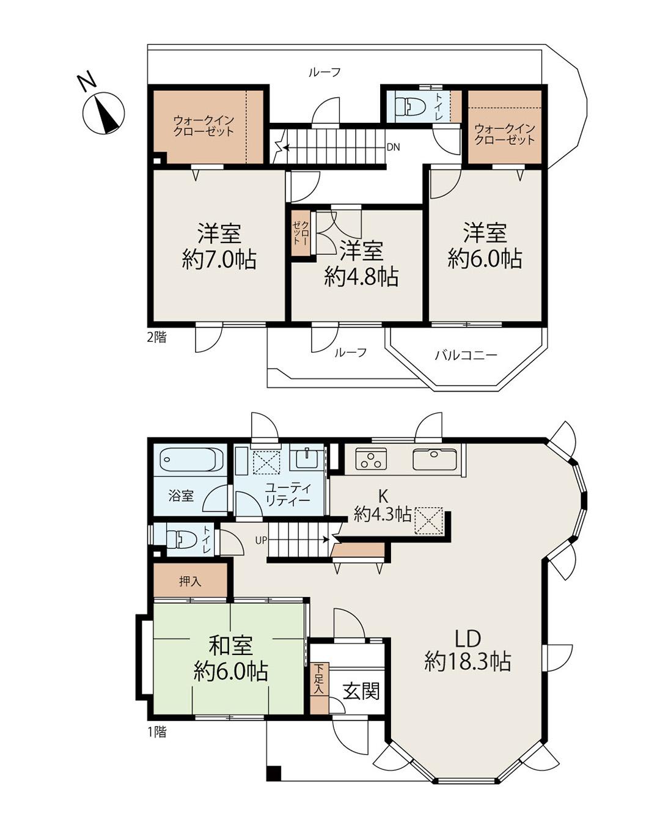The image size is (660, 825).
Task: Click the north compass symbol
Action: (103, 113)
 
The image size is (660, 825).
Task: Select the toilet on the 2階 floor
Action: (408, 106)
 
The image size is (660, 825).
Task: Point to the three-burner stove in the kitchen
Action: (371, 458)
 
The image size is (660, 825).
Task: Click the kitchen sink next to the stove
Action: (435, 459)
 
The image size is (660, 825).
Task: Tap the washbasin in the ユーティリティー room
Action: (307, 457)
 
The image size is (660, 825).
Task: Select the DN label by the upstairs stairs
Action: (393, 147)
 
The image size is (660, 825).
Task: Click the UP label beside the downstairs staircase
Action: (261, 541)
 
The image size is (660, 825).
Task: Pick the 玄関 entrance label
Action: (361, 691)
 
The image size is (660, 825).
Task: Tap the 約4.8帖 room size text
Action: (361, 276)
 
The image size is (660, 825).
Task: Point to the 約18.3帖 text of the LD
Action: (468, 661)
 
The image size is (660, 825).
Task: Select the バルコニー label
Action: (466, 355)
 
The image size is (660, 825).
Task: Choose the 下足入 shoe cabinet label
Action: (319, 678)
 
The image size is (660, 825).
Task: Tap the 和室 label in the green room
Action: (230, 645)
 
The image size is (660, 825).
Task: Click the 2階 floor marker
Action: (157, 337)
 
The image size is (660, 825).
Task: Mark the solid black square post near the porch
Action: (273, 773)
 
